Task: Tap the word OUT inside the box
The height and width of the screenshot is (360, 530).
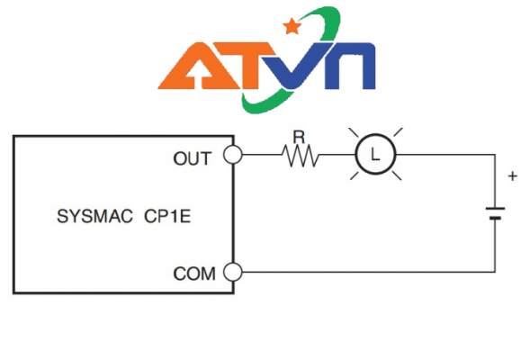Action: [x=193, y=158]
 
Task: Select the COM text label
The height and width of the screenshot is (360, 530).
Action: [x=194, y=274]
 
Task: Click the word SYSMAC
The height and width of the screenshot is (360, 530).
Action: [x=94, y=216]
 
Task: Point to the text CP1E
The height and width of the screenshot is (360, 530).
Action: [x=167, y=216]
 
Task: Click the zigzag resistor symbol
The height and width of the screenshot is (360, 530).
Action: [x=301, y=156]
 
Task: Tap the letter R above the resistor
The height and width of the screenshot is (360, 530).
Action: [x=299, y=137]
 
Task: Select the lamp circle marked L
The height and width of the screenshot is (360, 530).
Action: [x=375, y=134]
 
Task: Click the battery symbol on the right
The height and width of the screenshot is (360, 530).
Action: [x=496, y=213]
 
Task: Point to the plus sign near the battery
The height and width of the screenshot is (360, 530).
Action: [x=513, y=176]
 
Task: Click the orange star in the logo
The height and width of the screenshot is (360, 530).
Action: [x=292, y=26]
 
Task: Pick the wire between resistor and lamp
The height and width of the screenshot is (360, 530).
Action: [x=337, y=155]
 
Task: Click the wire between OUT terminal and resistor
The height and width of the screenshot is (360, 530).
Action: [x=262, y=155]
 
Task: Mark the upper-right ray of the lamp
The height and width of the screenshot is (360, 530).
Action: [x=398, y=132]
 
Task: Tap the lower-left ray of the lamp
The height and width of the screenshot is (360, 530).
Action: [x=355, y=175]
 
